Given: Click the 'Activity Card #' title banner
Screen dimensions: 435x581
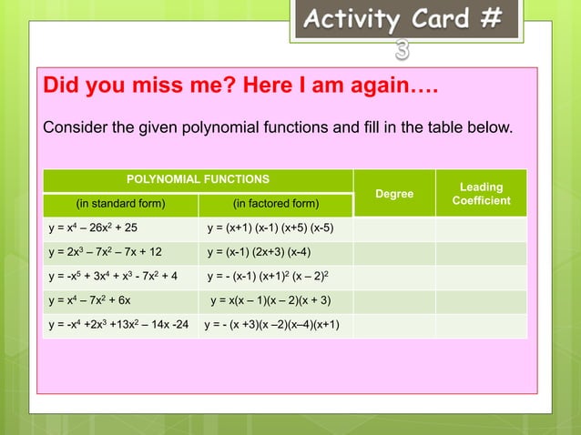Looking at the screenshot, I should tap(405, 19).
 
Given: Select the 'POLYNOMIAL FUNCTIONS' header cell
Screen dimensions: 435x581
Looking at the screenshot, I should tap(198, 180).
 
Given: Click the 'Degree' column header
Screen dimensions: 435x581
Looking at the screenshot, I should tap(393, 194).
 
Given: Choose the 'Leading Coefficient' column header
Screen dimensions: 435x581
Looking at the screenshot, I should tap(481, 194).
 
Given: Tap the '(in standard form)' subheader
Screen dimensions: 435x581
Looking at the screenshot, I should tap(120, 204).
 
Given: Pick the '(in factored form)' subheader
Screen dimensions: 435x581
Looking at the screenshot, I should tap(276, 204).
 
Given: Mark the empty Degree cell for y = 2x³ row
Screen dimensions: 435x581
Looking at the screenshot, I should tap(393, 252).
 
